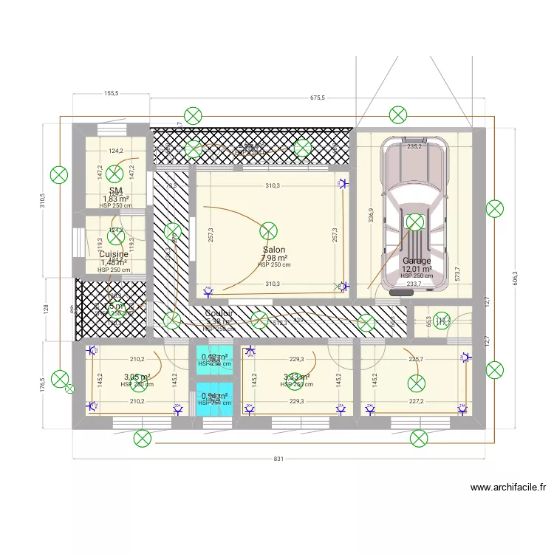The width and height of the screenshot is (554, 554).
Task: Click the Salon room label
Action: [274, 250]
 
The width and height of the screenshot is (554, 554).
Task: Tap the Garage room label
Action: [417, 261]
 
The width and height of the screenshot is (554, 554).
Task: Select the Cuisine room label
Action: [114, 254]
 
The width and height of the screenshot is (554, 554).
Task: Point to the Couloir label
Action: [219, 313]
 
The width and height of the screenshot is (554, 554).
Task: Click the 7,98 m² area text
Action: [274, 258]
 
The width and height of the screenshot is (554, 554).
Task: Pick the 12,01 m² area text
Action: [417, 269]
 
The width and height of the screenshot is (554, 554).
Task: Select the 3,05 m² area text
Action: [137, 377]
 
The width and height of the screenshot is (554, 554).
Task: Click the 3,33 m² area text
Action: [296, 377]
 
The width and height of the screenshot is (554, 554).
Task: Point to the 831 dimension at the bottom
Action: [278, 459]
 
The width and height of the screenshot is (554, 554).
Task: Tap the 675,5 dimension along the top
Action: [318, 97]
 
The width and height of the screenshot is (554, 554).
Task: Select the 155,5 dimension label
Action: [112, 94]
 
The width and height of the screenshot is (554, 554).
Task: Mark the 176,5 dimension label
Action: [43, 385]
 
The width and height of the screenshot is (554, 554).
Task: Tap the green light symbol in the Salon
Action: [269, 230]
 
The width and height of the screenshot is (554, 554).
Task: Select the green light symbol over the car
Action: [415, 221]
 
